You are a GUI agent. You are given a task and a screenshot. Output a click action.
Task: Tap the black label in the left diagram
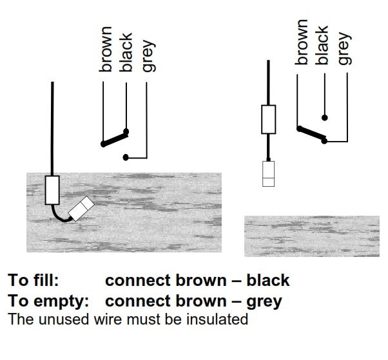point(126,52)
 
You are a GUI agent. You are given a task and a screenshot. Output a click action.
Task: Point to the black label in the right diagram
point(322,45)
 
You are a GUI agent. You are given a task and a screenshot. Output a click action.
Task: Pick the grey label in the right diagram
point(344,49)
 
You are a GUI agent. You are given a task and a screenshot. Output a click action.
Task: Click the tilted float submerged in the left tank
point(82,208)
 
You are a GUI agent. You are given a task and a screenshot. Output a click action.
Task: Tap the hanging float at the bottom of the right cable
point(269,173)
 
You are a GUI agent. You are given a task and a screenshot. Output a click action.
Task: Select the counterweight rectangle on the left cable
point(52,189)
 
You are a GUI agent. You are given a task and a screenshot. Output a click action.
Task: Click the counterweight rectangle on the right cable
point(269,119)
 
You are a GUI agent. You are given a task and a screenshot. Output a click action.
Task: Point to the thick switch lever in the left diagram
point(114,138)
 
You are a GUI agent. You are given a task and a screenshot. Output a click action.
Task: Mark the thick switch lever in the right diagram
point(312,133)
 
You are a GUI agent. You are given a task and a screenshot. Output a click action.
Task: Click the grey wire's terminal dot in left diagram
point(127,157)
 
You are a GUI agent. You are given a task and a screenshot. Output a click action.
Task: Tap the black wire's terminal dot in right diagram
point(325,117)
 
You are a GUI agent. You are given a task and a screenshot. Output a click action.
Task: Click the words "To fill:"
point(34,281)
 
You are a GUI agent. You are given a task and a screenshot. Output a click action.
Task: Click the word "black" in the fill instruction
point(267,281)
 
